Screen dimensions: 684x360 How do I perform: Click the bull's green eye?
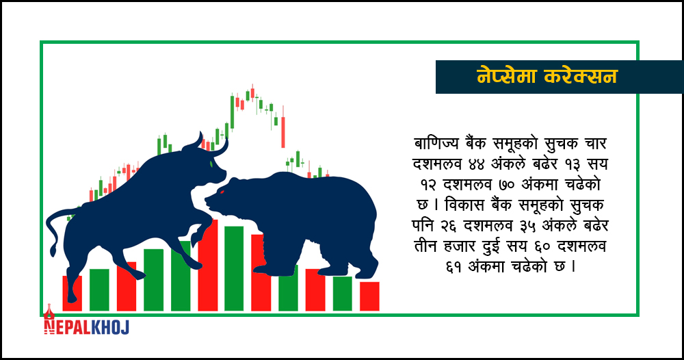pos(212,164)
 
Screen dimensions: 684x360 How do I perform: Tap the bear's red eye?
pos(222,192)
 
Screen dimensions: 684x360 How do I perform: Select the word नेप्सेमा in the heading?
pos(505,77)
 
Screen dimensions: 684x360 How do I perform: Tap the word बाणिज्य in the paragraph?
pos(436,144)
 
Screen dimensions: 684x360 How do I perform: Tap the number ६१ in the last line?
pos(455,267)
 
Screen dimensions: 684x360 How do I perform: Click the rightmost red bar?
pos(369,296)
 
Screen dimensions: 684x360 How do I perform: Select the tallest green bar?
pos(234,268)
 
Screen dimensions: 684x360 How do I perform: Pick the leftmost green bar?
pos(99,290)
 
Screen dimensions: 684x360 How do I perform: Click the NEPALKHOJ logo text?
pos(87,326)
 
